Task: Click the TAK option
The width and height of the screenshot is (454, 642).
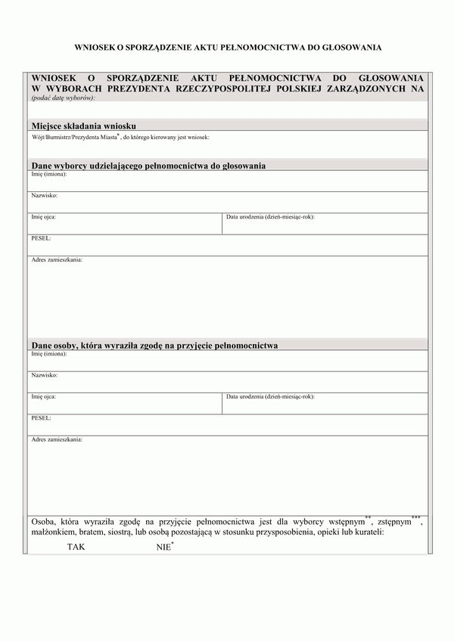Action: coord(76,546)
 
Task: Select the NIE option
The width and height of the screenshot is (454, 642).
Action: coord(164,546)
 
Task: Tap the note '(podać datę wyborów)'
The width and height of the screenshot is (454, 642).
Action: coord(63,98)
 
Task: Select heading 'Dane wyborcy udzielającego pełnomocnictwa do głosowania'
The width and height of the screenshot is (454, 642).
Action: coord(148,165)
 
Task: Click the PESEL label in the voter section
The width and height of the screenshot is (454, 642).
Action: coord(41,238)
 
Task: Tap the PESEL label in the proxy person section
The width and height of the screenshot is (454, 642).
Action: coord(41,417)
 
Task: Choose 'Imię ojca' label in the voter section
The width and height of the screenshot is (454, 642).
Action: coord(43,217)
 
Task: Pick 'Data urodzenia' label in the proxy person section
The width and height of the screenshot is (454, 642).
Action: coord(269,396)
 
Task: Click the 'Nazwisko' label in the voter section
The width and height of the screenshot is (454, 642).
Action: coord(44,195)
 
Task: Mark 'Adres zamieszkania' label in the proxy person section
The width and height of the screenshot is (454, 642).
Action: coord(57,439)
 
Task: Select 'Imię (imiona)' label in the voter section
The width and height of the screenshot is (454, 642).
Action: coord(48,174)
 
